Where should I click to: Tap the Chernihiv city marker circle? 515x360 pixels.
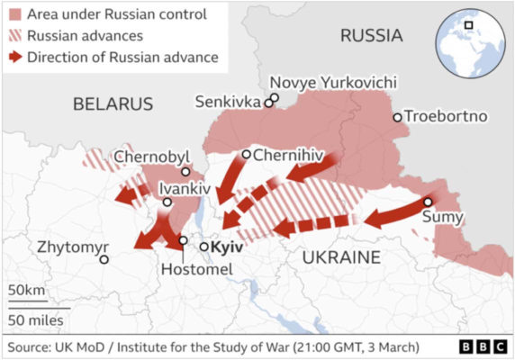click(x=246, y=154)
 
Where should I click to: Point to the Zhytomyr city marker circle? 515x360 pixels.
click(x=104, y=259)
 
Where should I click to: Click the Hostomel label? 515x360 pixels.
click(x=195, y=269)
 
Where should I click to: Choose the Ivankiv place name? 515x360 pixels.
click(x=184, y=189)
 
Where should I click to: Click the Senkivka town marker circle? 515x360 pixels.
click(x=268, y=103)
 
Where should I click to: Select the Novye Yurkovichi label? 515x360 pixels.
click(x=333, y=82)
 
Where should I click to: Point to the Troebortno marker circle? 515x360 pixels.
click(x=397, y=117)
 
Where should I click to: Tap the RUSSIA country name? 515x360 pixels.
click(x=370, y=36)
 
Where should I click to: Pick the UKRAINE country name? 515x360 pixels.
click(x=340, y=257)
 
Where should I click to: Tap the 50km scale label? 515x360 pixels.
click(x=27, y=291)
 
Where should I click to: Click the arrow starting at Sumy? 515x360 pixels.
click(x=396, y=213)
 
